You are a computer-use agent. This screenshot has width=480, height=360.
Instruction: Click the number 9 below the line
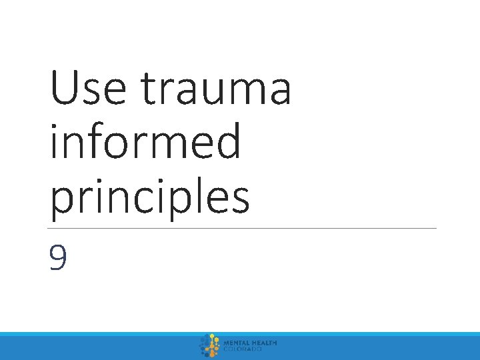[x=58, y=258]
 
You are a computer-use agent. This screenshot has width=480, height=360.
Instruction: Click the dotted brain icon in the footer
[x=210, y=346]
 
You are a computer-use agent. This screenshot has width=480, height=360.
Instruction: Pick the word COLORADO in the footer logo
[x=243, y=349]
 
